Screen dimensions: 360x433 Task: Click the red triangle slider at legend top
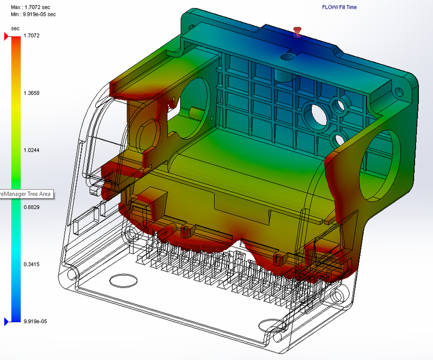(6, 36)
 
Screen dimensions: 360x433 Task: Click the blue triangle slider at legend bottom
(6, 322)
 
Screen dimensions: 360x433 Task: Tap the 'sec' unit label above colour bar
(15, 28)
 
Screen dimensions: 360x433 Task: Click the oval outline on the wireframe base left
(123, 280)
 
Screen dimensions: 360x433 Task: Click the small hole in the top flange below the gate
(287, 55)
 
